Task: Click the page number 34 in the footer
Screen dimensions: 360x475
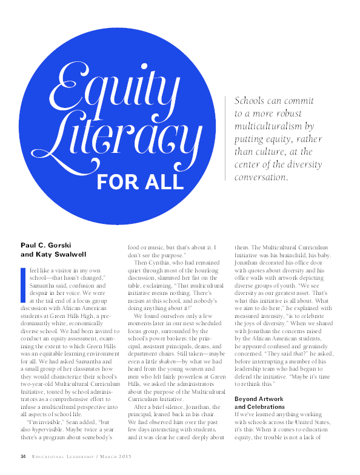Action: (23, 456)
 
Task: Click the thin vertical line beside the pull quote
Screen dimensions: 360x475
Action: (225, 138)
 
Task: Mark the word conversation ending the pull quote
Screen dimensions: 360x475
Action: (262, 178)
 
